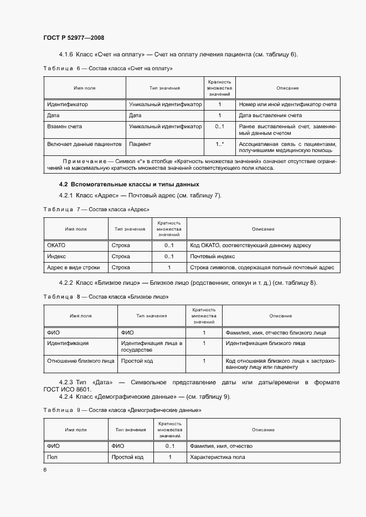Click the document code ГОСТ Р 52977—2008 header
74,38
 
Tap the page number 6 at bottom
45,469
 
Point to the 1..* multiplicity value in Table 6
219,144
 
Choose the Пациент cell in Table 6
140,144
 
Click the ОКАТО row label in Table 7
56,245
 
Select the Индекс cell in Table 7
56,257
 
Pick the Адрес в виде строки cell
74,268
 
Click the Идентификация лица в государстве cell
152,347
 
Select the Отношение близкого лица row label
81,361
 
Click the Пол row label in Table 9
53,457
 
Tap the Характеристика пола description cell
217,457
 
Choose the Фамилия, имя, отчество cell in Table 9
221,446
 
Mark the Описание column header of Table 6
287,88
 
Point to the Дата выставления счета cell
270,116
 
